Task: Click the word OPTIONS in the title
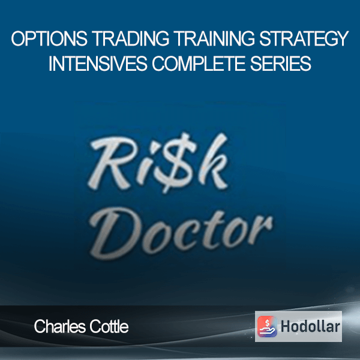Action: [49, 39]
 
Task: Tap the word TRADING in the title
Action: [131, 39]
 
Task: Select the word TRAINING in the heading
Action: [214, 39]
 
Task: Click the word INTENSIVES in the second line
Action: [98, 63]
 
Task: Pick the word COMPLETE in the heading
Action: [199, 63]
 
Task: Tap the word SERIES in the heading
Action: [281, 63]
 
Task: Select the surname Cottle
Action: [109, 326]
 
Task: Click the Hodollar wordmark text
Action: [310, 326]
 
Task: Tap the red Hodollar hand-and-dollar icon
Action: [267, 326]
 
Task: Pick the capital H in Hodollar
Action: [286, 326]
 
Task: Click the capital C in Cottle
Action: [95, 327]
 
